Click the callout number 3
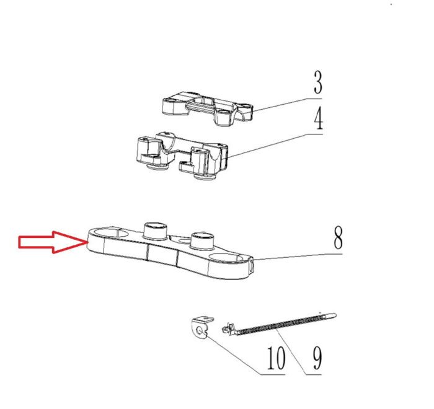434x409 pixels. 318,82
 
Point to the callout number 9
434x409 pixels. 317,358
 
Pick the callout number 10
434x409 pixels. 276,358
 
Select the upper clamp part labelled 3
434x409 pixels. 207,108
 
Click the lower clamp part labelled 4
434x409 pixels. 183,156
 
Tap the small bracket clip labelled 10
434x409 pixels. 201,327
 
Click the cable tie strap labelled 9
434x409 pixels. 279,323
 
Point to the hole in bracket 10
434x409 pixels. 199,331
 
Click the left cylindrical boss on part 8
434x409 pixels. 155,231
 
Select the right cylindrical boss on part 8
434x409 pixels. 203,240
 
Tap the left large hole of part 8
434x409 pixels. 110,233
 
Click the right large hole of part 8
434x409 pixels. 226,258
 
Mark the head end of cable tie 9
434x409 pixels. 229,329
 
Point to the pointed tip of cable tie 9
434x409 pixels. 334,315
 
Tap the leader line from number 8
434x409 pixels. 298,257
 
